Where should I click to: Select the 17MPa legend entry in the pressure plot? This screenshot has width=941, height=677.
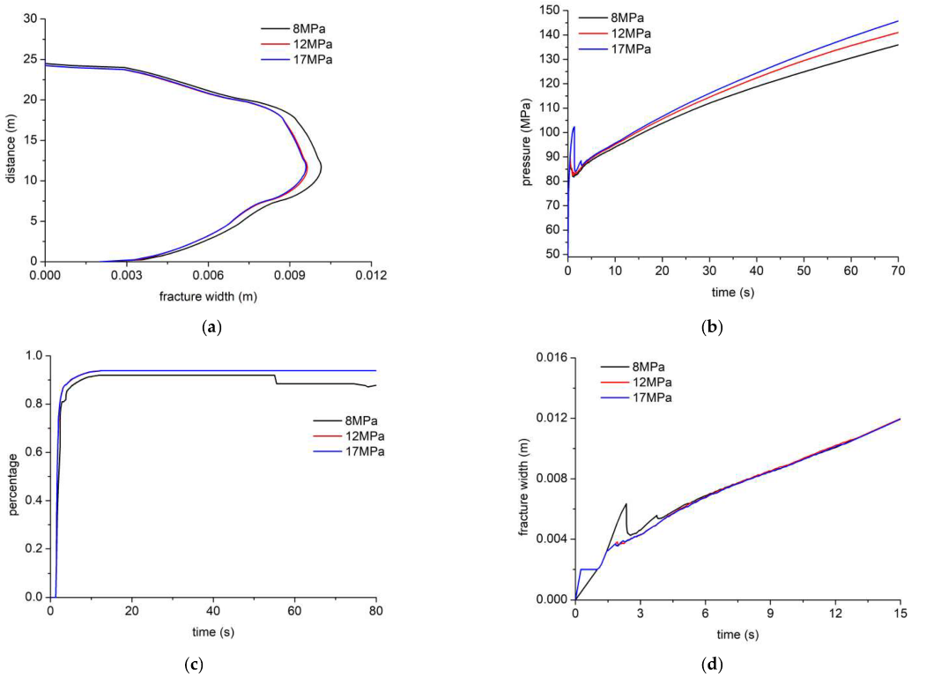point(632,48)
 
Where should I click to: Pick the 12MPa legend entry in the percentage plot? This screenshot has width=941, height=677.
point(365,436)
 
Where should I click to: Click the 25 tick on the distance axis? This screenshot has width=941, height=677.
point(30,59)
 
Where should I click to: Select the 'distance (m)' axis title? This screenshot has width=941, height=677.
point(11,141)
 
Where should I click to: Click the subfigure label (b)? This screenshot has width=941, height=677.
point(711,327)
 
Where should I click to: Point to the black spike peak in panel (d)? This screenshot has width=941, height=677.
point(626,503)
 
